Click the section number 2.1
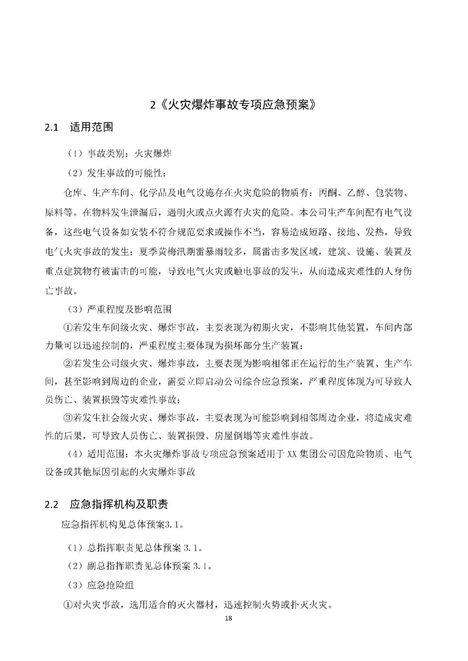pos(52,127)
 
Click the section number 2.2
pos(52,504)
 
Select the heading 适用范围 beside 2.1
pos(91,127)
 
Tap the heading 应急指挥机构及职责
pos(119,504)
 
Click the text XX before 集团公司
pos(290,454)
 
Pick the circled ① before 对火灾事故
pos(68,604)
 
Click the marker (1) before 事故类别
pos(75,154)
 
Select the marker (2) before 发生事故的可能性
pos(75,173)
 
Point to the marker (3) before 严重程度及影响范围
pos(75,309)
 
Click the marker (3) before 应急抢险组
pos(75,585)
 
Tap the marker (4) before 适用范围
pos(75,454)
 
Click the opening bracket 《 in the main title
pos(162,105)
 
